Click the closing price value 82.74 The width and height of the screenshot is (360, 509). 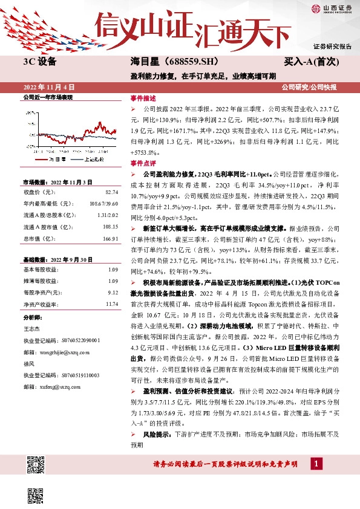tap(110, 192)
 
